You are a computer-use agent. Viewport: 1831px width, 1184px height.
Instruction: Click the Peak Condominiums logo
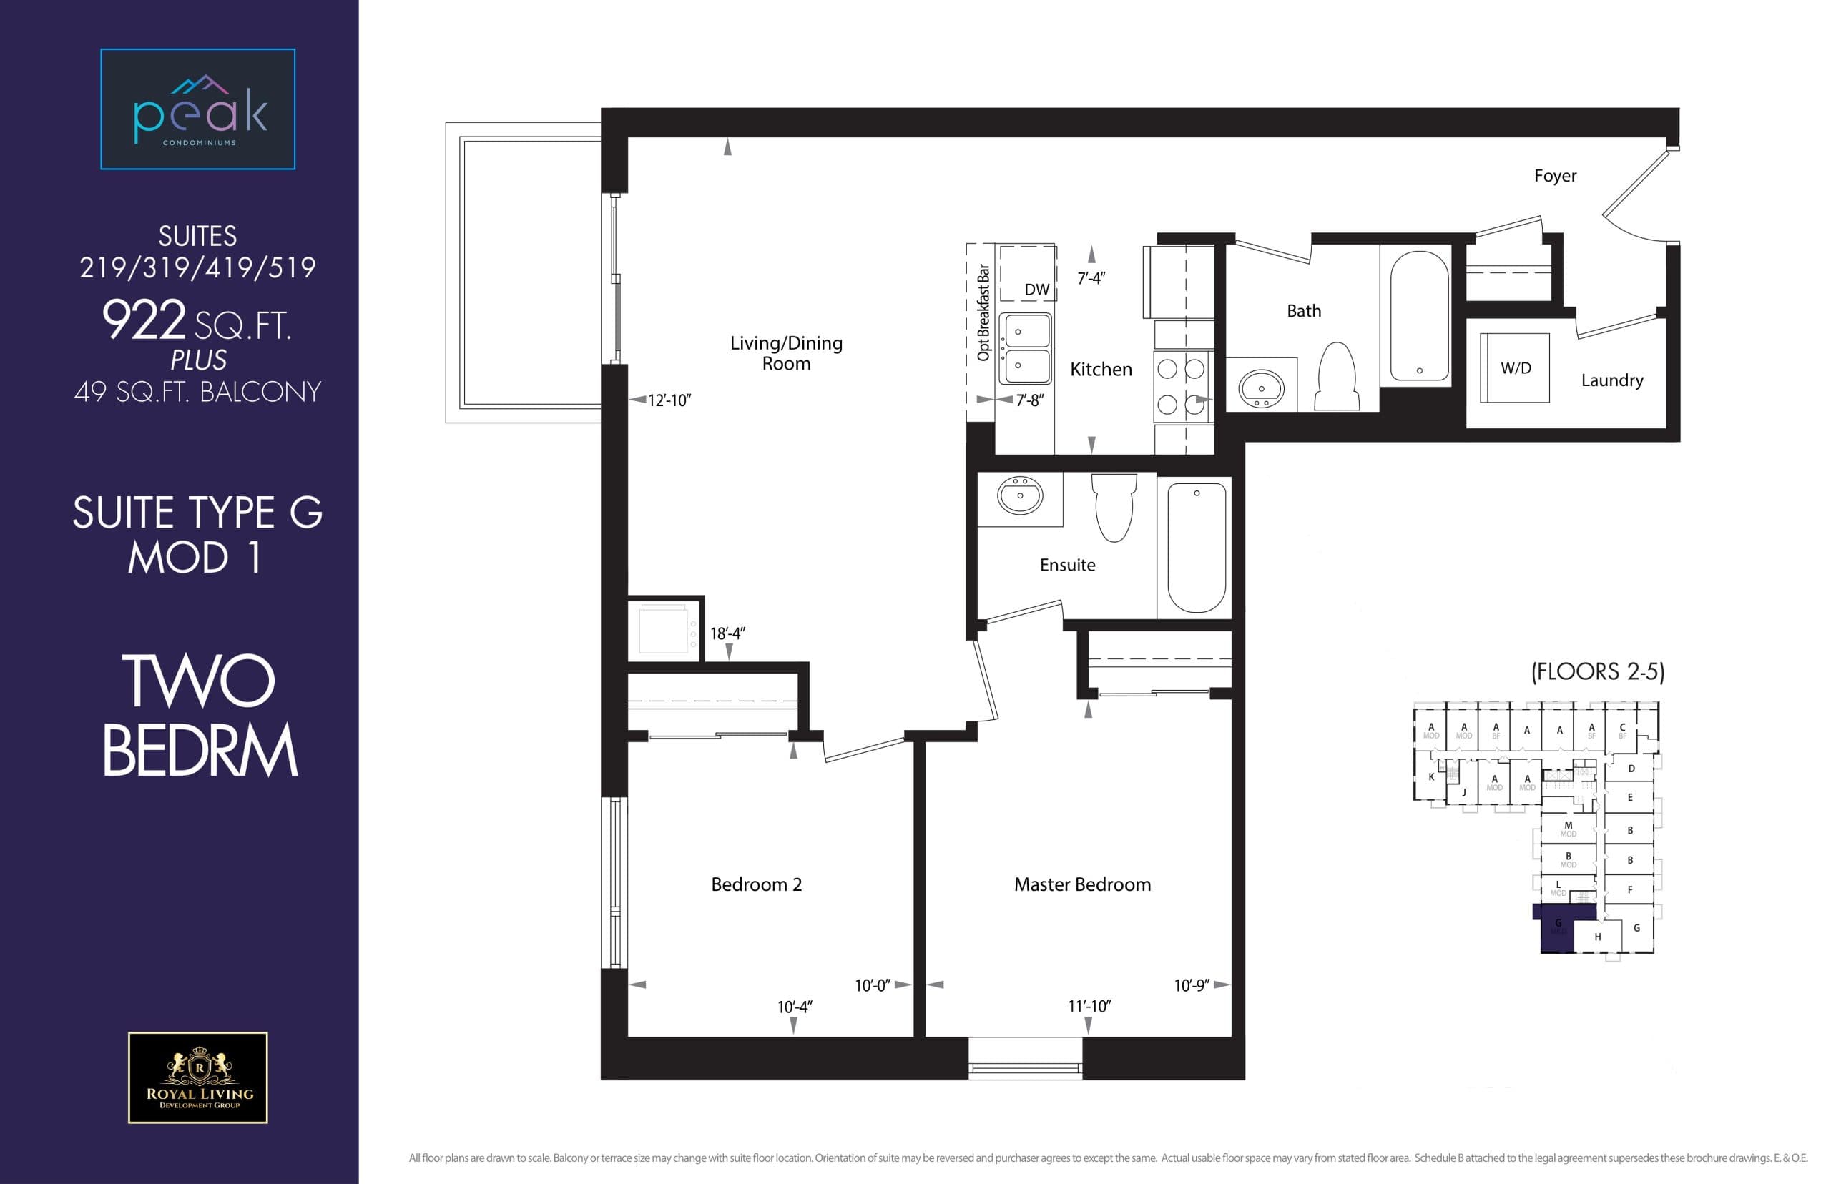click(197, 109)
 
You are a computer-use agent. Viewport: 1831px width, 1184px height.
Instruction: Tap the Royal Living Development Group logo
click(197, 1077)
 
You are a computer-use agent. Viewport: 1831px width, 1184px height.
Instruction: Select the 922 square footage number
click(144, 320)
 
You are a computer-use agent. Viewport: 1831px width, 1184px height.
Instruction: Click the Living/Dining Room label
click(786, 353)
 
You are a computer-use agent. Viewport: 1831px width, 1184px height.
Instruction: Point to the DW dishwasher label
click(1036, 290)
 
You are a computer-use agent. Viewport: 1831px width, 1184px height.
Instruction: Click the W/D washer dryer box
click(1514, 368)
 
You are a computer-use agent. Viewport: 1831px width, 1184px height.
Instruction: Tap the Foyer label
click(1554, 176)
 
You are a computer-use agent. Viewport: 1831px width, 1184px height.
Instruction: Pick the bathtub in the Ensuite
click(1196, 547)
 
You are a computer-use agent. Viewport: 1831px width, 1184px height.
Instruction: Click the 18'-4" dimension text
click(727, 633)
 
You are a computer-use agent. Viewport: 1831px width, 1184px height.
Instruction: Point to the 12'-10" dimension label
click(669, 400)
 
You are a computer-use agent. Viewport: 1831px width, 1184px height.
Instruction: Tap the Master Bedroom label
click(1082, 885)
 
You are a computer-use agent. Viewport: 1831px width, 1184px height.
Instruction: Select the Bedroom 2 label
click(756, 885)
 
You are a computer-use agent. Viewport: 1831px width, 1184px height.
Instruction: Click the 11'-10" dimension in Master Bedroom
click(1089, 1007)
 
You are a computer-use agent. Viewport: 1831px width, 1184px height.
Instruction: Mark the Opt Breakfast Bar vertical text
click(982, 312)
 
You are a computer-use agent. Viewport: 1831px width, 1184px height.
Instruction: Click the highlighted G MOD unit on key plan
click(1557, 929)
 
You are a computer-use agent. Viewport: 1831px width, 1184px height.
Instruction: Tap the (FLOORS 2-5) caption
click(1597, 672)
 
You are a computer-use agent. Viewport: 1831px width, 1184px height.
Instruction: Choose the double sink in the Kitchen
click(1025, 348)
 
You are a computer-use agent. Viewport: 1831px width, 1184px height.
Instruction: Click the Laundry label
click(1612, 380)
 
